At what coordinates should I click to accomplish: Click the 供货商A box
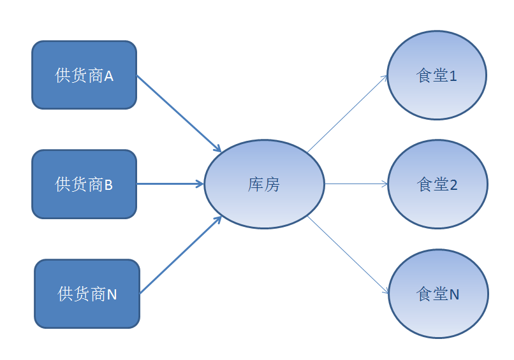84,75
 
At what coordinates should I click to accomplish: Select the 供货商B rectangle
84,184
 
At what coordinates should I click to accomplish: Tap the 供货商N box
87,294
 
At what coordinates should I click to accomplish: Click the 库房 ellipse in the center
264,184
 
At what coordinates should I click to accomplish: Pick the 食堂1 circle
437,75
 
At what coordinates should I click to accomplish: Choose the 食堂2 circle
437,184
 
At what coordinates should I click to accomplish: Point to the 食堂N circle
438,294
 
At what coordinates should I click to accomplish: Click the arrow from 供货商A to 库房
179,113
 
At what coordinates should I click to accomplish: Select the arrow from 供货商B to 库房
170,184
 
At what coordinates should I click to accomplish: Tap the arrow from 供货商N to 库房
181,255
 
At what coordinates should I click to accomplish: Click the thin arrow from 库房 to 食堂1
348,113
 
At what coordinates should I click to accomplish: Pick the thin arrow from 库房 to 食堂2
356,184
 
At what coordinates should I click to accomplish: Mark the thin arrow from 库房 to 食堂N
348,255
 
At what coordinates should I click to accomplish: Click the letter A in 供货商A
109,76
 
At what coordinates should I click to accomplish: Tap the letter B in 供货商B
108,185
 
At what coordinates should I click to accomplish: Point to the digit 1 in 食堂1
453,76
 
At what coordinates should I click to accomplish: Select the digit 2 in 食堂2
453,185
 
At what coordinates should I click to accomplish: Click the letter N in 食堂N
454,294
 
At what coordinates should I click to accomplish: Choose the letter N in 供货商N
112,294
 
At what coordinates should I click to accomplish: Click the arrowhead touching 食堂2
385,184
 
